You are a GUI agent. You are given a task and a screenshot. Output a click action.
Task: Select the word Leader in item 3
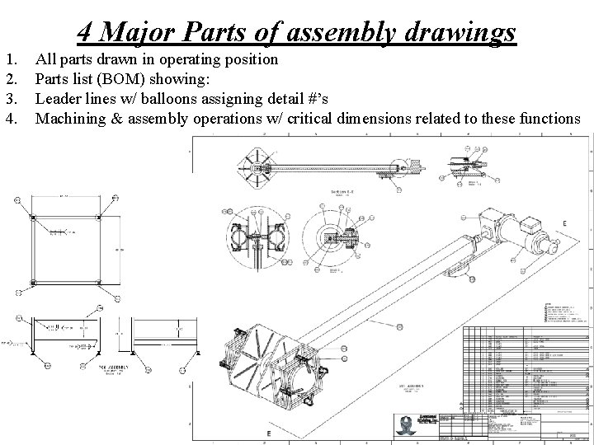(60, 99)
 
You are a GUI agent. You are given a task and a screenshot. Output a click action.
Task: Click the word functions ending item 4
(550, 119)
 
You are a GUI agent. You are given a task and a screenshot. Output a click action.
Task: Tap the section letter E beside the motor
(564, 200)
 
